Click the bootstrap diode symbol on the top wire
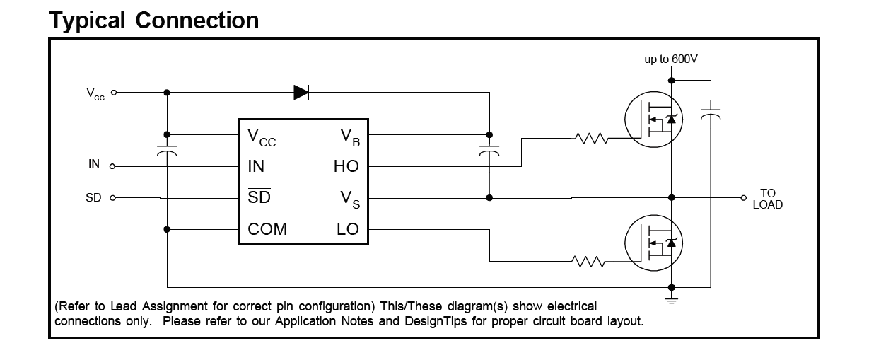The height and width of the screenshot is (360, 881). click(301, 93)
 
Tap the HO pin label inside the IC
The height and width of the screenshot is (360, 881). click(346, 166)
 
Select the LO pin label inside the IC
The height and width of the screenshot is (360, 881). click(348, 229)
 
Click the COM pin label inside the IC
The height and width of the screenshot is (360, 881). click(267, 229)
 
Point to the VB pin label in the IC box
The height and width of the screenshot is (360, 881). click(350, 137)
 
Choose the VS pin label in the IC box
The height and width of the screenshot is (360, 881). click(350, 199)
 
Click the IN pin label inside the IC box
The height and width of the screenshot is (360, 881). click(256, 166)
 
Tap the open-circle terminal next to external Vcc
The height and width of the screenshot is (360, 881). click(114, 93)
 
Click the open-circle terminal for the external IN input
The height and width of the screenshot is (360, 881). click(112, 166)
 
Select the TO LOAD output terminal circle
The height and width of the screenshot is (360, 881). click(743, 198)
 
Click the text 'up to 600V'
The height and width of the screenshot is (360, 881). click(671, 59)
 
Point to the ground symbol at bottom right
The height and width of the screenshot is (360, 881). click(672, 301)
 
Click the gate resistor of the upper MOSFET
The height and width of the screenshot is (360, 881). click(592, 139)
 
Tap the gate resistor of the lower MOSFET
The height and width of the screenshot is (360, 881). click(588, 262)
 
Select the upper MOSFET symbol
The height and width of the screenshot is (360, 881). click(653, 120)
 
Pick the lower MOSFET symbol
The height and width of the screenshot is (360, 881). click(653, 243)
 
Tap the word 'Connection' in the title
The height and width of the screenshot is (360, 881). click(197, 21)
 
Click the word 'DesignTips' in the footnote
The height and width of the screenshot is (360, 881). click(436, 321)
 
